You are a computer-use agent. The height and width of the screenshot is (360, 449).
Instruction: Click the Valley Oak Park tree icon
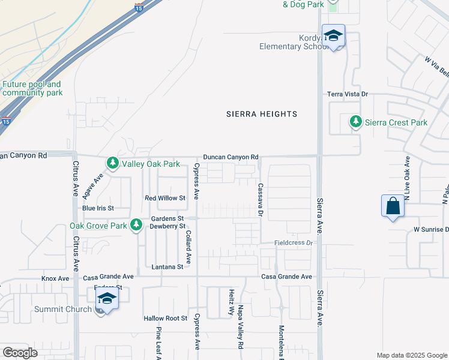click(x=112, y=163)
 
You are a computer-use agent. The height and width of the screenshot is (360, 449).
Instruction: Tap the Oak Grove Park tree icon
click(x=137, y=225)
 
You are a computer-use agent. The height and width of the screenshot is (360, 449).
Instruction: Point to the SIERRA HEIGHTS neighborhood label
click(x=262, y=114)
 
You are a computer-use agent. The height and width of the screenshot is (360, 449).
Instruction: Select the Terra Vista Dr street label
click(x=347, y=94)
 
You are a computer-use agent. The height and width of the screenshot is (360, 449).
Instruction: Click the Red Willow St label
click(x=166, y=197)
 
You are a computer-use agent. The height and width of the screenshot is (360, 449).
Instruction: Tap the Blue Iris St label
click(x=98, y=208)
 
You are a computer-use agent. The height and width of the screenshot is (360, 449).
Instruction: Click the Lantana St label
click(x=167, y=266)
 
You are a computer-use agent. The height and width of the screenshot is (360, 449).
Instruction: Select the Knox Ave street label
click(x=55, y=278)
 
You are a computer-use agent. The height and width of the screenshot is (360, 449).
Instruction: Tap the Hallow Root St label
click(x=165, y=318)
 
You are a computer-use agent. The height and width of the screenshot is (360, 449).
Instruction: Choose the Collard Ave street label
click(x=188, y=247)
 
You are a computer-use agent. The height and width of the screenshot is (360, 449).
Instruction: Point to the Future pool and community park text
click(x=32, y=89)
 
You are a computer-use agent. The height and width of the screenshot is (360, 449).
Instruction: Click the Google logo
click(x=20, y=353)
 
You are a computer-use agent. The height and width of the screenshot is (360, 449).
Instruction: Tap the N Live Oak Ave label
click(x=406, y=178)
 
